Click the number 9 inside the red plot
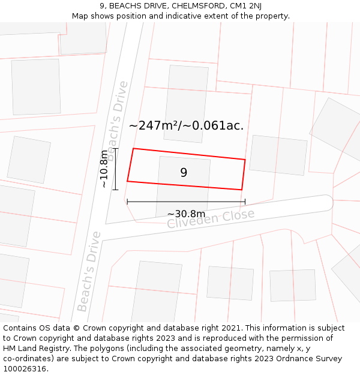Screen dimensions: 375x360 (184, 173)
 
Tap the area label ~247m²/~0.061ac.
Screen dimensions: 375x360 (186, 125)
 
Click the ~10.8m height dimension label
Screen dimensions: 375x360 (104, 169)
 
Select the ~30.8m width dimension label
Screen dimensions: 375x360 (186, 214)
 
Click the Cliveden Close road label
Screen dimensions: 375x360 (211, 219)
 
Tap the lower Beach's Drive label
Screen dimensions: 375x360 (89, 272)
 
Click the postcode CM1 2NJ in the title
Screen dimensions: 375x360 (240, 6)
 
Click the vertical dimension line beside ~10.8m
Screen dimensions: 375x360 (116, 169)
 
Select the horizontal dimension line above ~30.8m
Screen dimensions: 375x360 (186, 202)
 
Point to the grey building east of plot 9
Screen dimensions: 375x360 (278, 155)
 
